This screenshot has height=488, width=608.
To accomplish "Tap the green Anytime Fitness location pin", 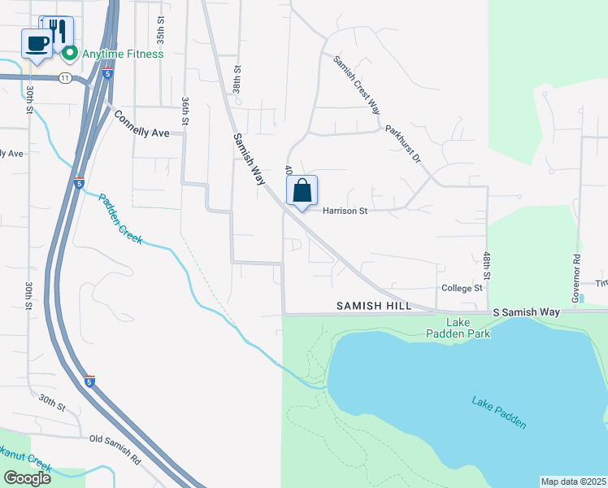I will (70, 54).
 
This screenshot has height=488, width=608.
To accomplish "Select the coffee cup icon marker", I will (37, 43).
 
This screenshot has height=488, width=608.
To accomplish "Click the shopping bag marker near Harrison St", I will (302, 192).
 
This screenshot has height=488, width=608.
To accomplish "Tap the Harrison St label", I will (345, 211).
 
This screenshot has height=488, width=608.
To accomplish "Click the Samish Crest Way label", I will (356, 85).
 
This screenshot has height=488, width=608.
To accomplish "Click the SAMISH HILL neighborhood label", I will (374, 306).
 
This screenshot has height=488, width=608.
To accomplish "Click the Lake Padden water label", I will (498, 412).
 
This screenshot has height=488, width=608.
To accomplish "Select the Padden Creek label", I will (120, 218).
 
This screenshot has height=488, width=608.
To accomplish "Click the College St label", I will (462, 288).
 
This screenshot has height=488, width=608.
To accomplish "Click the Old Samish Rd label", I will (115, 450).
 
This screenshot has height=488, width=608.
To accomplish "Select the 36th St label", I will (185, 109).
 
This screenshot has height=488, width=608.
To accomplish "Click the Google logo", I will (27, 478).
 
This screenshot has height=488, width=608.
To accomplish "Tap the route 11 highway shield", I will (64, 77).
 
